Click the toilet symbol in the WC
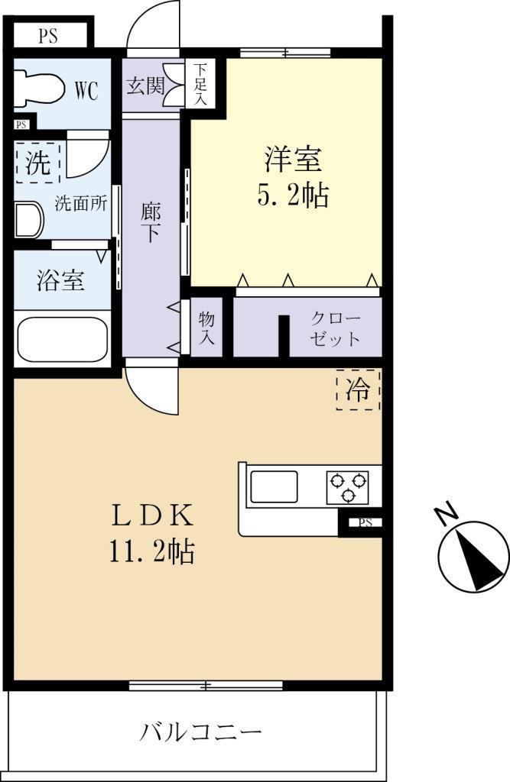[x=38, y=90]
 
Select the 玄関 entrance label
[x=145, y=86]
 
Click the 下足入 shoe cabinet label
[x=201, y=83]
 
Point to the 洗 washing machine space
[x=38, y=163]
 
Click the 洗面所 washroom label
[x=81, y=203]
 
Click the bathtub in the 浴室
[x=63, y=338]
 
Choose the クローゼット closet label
[x=335, y=328]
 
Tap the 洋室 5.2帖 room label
[x=293, y=176]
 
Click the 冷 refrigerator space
[x=358, y=389]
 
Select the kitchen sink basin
[x=274, y=486]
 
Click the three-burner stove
[x=348, y=486]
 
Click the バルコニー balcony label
[x=200, y=732]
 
